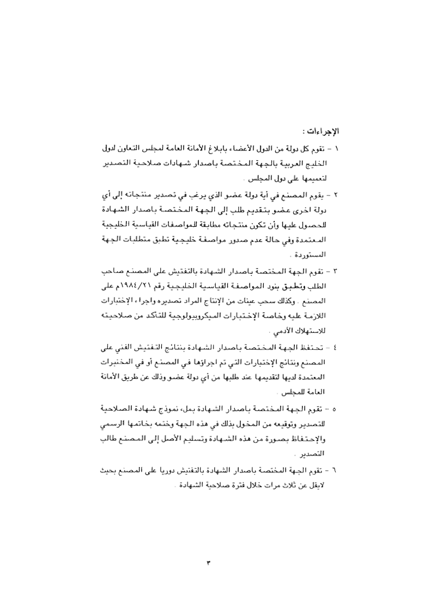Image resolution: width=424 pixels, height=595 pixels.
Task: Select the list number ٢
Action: point(336,194)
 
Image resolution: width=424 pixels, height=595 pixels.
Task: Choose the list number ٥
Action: point(336,407)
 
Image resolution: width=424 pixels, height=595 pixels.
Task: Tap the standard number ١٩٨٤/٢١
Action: point(141,285)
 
